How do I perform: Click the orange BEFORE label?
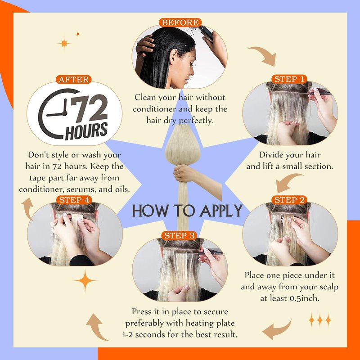(x=180, y=22)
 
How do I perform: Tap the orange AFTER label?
(x=74, y=80)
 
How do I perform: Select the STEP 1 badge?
(x=289, y=79)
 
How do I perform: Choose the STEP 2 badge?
(x=289, y=200)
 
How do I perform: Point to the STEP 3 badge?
(x=179, y=235)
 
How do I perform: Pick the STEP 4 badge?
(x=74, y=200)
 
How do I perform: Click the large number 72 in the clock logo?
(x=89, y=108)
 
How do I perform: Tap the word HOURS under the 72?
(x=86, y=131)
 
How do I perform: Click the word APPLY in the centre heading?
(x=221, y=211)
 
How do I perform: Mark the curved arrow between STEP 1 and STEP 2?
(x=287, y=181)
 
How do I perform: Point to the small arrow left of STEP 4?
(x=28, y=208)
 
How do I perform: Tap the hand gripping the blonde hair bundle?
(x=184, y=173)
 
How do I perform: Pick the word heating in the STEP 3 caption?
(x=199, y=323)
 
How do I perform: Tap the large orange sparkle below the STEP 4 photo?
(x=85, y=280)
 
